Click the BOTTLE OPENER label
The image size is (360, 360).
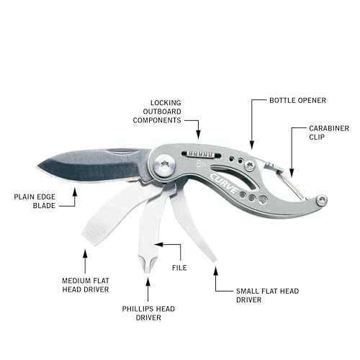tap(297, 100)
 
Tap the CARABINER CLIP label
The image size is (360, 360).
tap(329, 132)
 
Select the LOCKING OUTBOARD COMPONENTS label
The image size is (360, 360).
tap(157, 112)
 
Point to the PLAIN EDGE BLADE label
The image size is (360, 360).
tap(35, 201)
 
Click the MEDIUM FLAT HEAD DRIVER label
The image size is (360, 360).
tap(86, 285)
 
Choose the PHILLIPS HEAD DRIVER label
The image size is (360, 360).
tap(148, 313)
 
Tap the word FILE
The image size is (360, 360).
tap(179, 268)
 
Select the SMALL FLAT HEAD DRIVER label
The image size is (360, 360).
tap(267, 295)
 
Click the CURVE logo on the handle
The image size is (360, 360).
tap(224, 184)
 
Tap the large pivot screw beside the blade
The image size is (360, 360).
tap(165, 165)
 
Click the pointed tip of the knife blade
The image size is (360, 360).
tap(37, 166)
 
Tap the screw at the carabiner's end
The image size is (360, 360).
tap(322, 200)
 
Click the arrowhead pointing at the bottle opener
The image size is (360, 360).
tap(251, 145)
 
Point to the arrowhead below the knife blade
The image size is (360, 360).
tap(75, 192)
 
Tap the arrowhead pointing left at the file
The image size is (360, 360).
tap(158, 244)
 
